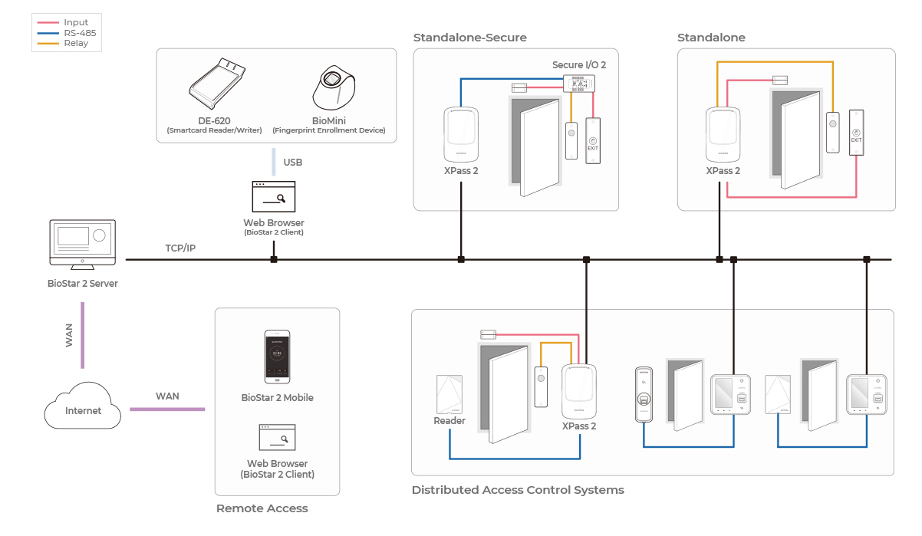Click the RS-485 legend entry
click(x=79, y=33)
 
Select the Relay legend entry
click(x=75, y=44)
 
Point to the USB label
click(x=292, y=163)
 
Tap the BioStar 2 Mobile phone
click(x=277, y=357)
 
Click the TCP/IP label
click(x=181, y=248)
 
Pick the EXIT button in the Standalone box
click(x=856, y=132)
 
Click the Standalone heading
click(x=710, y=38)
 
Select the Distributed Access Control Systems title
click(x=518, y=490)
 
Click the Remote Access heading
click(x=262, y=508)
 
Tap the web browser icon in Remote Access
click(x=277, y=438)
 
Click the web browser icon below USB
click(x=273, y=197)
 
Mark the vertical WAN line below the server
click(x=82, y=335)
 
